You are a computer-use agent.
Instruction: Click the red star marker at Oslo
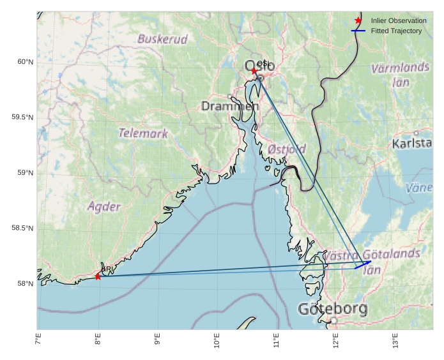tap(254, 71)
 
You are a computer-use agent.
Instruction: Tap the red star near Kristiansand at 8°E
tap(98, 276)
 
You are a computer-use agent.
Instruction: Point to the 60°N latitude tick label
tap(25, 62)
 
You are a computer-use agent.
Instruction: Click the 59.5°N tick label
tap(22, 117)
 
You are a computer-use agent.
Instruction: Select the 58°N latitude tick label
tap(25, 284)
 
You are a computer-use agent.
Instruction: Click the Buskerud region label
tap(163, 40)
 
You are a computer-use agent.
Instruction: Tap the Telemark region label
tap(143, 133)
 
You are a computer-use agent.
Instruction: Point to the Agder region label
tap(103, 206)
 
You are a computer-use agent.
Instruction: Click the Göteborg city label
tap(333, 310)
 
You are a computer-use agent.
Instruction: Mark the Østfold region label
tap(287, 149)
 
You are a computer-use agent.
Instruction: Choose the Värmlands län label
tap(400, 74)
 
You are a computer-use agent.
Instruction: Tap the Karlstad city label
tap(412, 143)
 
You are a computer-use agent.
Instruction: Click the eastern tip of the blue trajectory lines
tap(371, 261)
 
